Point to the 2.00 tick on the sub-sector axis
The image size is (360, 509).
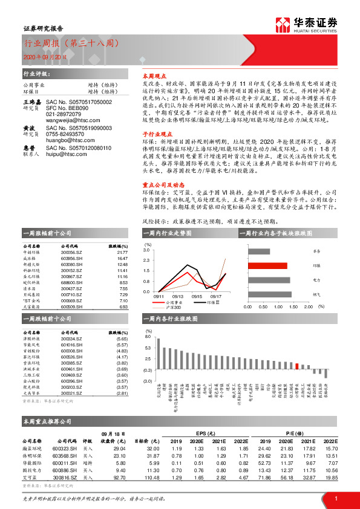[x=309, y=306]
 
